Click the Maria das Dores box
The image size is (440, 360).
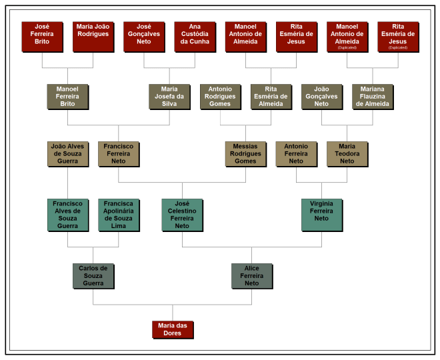coord(172,329)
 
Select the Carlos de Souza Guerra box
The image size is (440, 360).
coord(93,276)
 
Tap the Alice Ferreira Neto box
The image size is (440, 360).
coord(251,276)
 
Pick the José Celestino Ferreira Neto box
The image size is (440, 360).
coord(182,215)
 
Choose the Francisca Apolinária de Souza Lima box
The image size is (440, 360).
coord(118,215)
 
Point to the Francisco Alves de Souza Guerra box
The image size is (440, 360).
coord(67,215)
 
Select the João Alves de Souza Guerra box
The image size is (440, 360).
coord(67,153)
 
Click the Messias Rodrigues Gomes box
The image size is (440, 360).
coord(245,153)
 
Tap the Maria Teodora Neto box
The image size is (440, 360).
coord(347,153)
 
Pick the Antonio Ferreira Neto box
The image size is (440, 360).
coord(296,153)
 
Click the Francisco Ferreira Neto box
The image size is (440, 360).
coord(118,153)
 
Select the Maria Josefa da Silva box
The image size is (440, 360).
coord(169,96)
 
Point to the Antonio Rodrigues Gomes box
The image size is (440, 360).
coord(220,96)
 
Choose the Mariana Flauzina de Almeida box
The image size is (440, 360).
coord(372,96)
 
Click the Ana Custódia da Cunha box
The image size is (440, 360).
coord(195,37)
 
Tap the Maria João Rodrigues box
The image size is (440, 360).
coord(93,37)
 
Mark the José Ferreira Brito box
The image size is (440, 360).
coord(42,37)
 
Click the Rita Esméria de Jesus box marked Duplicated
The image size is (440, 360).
coord(398,37)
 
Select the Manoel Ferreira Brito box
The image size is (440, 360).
coord(67,96)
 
